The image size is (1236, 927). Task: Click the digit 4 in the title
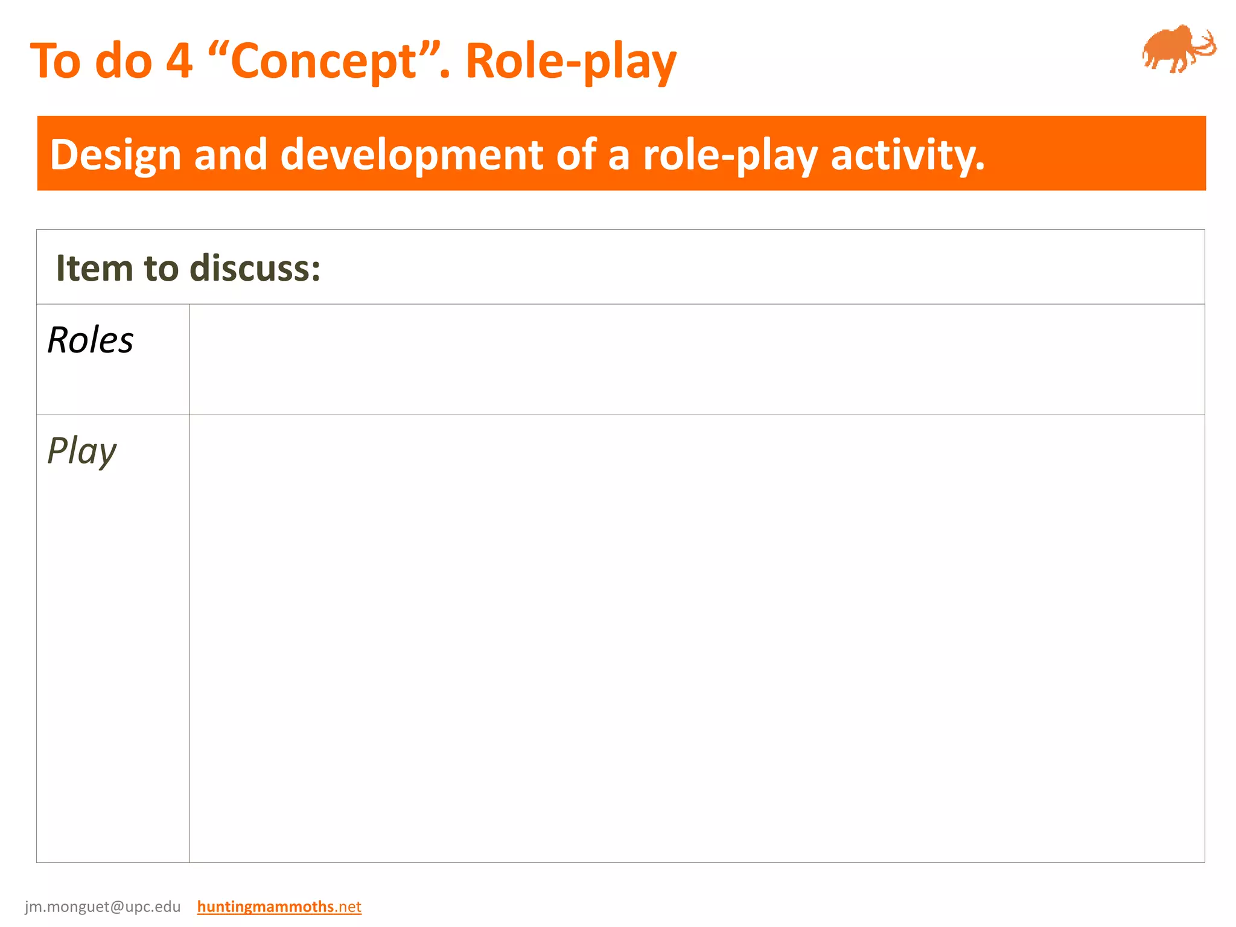click(x=179, y=62)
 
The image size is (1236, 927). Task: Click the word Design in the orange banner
click(x=115, y=155)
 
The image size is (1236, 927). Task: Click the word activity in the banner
click(x=907, y=155)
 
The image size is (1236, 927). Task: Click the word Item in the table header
click(x=94, y=268)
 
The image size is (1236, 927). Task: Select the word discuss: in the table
click(x=255, y=268)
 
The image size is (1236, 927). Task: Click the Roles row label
click(x=91, y=340)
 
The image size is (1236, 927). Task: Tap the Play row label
click(x=81, y=451)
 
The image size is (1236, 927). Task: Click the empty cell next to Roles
click(x=696, y=360)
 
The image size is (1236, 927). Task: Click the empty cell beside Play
click(x=696, y=638)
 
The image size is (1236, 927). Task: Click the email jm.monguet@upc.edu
click(x=103, y=906)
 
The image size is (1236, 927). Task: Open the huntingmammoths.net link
click(x=279, y=906)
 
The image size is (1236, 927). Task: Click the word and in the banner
click(x=230, y=155)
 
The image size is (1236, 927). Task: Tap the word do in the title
click(x=123, y=62)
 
